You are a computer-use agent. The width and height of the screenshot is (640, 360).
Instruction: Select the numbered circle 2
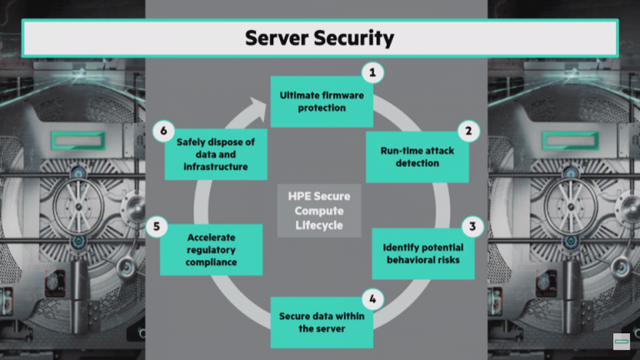click(x=469, y=131)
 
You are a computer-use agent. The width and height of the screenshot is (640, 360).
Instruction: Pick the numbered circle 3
click(x=473, y=226)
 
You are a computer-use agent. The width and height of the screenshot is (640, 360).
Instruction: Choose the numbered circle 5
click(x=152, y=226)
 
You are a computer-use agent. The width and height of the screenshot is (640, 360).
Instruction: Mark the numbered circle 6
click(x=164, y=131)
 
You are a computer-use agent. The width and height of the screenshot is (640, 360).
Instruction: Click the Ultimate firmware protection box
click(x=321, y=102)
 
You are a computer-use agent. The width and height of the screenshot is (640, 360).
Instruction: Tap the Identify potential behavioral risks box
click(x=422, y=253)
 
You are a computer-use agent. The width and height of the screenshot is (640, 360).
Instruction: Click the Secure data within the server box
click(x=321, y=322)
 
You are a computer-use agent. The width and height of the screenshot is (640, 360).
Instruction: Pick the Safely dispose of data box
click(x=214, y=154)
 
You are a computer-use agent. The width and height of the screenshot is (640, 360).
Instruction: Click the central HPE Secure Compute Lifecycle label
click(x=319, y=211)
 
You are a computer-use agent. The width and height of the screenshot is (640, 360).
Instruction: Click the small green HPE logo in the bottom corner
click(x=622, y=342)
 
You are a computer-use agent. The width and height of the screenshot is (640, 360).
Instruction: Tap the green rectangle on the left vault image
click(x=84, y=138)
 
